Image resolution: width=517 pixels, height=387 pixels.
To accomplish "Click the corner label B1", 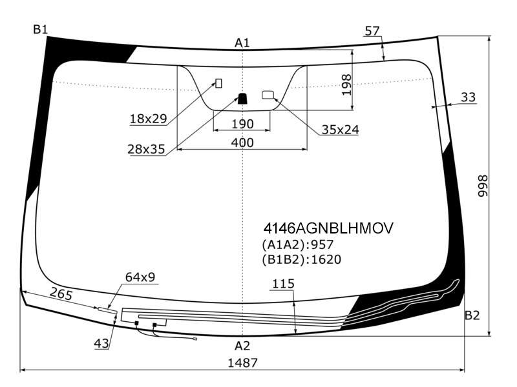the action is point(40,30).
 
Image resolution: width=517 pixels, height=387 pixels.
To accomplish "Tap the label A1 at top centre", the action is point(242,43).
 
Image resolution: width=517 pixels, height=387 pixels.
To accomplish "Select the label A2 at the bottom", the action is point(242,346).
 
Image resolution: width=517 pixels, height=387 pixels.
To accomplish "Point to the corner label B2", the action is point(472,315).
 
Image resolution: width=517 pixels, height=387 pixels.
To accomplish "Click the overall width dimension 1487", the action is point(243,362).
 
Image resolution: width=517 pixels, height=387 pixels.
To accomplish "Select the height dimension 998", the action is point(483,186).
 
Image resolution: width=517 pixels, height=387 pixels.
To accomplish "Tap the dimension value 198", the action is point(346,85).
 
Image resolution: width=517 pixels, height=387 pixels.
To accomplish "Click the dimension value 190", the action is point(243,124).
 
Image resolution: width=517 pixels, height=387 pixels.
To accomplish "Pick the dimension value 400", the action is point(242,143).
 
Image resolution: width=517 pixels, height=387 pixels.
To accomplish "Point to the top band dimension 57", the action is point(372,31).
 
